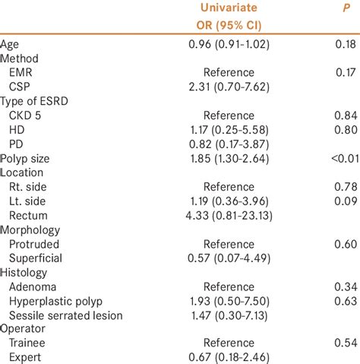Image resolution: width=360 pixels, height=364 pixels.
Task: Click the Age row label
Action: (11, 45)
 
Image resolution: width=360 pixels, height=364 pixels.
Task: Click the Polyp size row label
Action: (28, 157)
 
